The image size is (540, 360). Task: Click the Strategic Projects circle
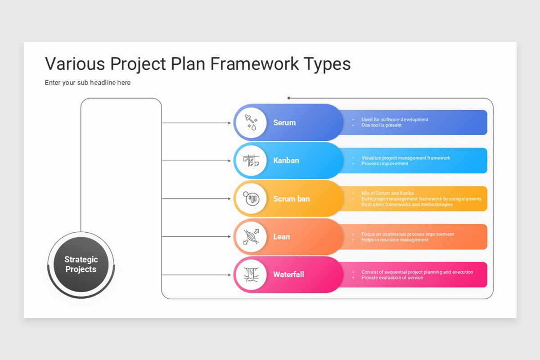point(81,264)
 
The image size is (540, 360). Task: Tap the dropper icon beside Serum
point(251,122)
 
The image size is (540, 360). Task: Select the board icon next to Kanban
point(251,161)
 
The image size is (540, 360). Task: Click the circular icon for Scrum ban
point(251,198)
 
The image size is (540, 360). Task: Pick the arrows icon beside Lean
point(251,237)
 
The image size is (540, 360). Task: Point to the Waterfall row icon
point(251,274)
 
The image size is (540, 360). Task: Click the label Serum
point(284,122)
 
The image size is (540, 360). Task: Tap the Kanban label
point(286,161)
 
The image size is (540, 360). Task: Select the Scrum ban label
point(291,198)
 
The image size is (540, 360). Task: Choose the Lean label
point(281,237)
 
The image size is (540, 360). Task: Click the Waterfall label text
point(288,274)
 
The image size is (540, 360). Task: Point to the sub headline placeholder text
point(88,83)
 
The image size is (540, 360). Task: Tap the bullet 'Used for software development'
point(395,120)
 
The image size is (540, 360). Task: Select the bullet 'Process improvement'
point(385,164)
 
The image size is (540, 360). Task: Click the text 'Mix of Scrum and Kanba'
point(387,193)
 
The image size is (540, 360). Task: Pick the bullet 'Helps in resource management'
point(395,240)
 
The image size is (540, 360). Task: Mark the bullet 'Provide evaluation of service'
point(392,278)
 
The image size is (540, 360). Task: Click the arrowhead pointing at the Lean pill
point(229,237)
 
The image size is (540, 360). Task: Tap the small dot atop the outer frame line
point(289,98)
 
